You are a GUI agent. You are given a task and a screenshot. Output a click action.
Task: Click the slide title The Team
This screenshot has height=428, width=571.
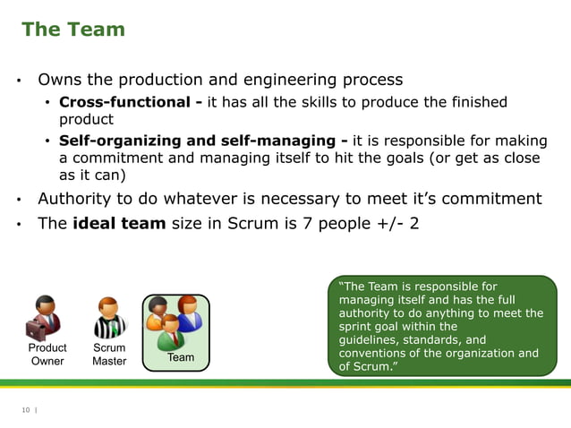(x=73, y=30)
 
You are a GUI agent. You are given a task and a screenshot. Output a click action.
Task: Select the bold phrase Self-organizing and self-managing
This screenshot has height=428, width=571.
(x=203, y=141)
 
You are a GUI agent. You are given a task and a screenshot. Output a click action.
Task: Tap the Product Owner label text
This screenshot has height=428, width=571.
(x=47, y=355)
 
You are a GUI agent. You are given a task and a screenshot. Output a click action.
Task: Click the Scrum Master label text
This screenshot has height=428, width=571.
(x=109, y=355)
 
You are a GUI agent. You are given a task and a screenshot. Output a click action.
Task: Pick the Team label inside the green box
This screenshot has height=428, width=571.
(x=181, y=357)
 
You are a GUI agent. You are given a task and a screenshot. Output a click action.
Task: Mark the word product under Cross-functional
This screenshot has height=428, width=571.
(x=86, y=119)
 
